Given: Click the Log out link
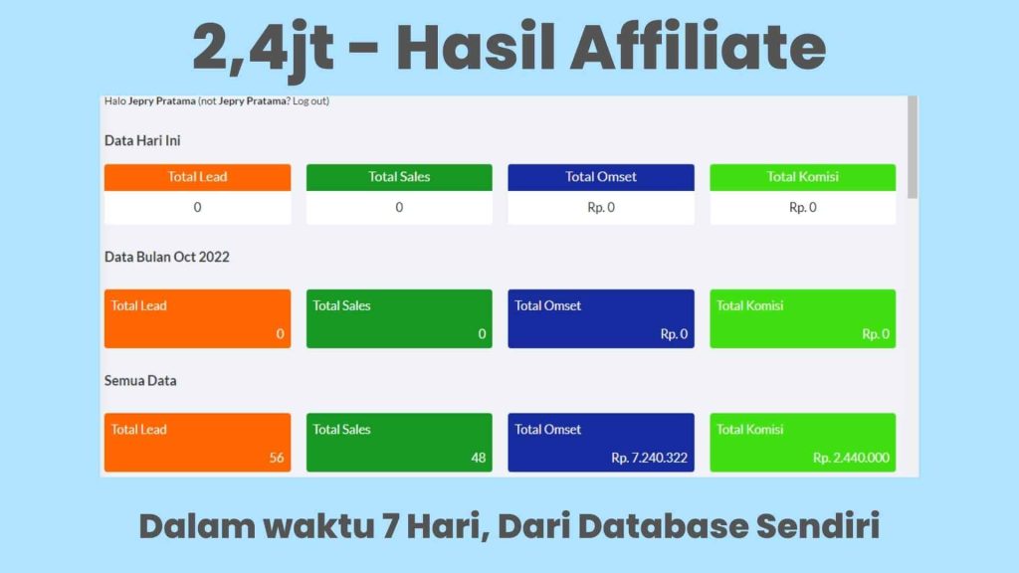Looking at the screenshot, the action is pyautogui.click(x=309, y=100).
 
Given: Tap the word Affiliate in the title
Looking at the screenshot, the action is pyautogui.click(x=698, y=47).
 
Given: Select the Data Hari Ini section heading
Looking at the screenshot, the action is pyautogui.click(x=142, y=140).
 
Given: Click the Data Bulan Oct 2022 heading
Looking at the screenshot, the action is pyautogui.click(x=167, y=257).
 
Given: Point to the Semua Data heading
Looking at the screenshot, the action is pyautogui.click(x=140, y=381).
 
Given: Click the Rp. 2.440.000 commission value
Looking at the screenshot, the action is pyautogui.click(x=851, y=458).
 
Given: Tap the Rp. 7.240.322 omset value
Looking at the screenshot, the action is pyautogui.click(x=649, y=458).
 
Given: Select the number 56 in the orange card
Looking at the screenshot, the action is pyautogui.click(x=277, y=458).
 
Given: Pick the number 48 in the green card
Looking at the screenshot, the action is pyautogui.click(x=479, y=458).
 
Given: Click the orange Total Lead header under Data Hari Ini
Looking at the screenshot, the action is pyautogui.click(x=198, y=177).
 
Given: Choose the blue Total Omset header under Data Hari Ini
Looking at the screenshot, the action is pyautogui.click(x=601, y=177).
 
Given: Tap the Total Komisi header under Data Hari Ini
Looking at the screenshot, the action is pyautogui.click(x=803, y=177).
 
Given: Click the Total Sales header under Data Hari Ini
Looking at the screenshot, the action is pyautogui.click(x=399, y=177).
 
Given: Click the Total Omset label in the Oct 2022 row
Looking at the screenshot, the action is pyautogui.click(x=548, y=305).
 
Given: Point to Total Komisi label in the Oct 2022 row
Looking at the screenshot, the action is pyautogui.click(x=750, y=305).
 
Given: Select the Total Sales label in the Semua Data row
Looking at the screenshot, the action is pyautogui.click(x=342, y=430).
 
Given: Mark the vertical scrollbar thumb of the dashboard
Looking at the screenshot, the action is pyautogui.click(x=913, y=147).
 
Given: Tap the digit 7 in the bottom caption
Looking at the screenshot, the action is pyautogui.click(x=391, y=525).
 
